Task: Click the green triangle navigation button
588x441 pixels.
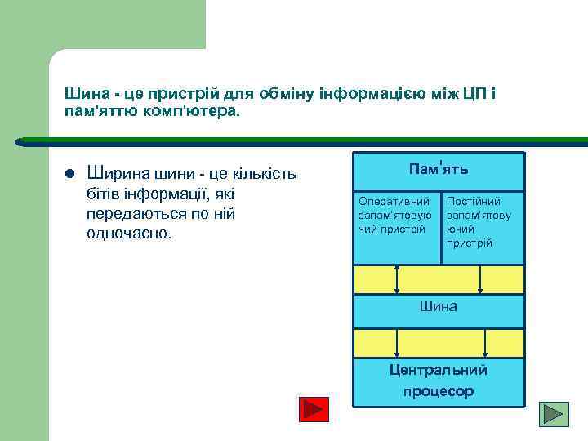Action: (555, 413)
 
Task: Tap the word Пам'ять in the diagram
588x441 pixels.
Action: (438, 169)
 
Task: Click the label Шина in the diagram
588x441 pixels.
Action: (438, 306)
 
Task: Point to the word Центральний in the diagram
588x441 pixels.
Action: (438, 370)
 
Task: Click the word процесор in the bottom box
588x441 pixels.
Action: (438, 391)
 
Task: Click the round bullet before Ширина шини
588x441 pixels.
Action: (69, 173)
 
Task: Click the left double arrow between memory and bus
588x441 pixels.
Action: (397, 278)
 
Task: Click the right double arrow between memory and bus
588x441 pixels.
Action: (480, 278)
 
